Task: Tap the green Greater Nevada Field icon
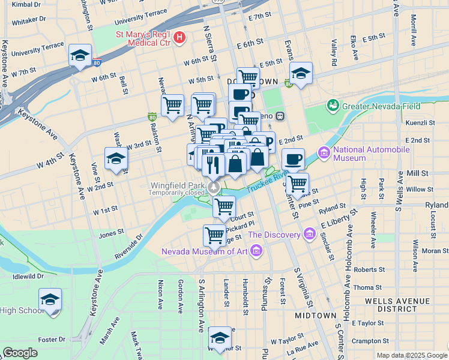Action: tap(333, 106)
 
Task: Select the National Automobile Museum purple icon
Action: tap(325, 154)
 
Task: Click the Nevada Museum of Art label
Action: tap(204, 251)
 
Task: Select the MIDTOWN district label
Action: tap(316, 315)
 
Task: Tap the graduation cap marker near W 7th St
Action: tap(80, 56)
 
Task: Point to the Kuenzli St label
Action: tap(420, 122)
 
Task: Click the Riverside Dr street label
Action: tap(130, 247)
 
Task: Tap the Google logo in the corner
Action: tap(20, 353)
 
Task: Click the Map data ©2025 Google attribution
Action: tap(411, 356)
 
